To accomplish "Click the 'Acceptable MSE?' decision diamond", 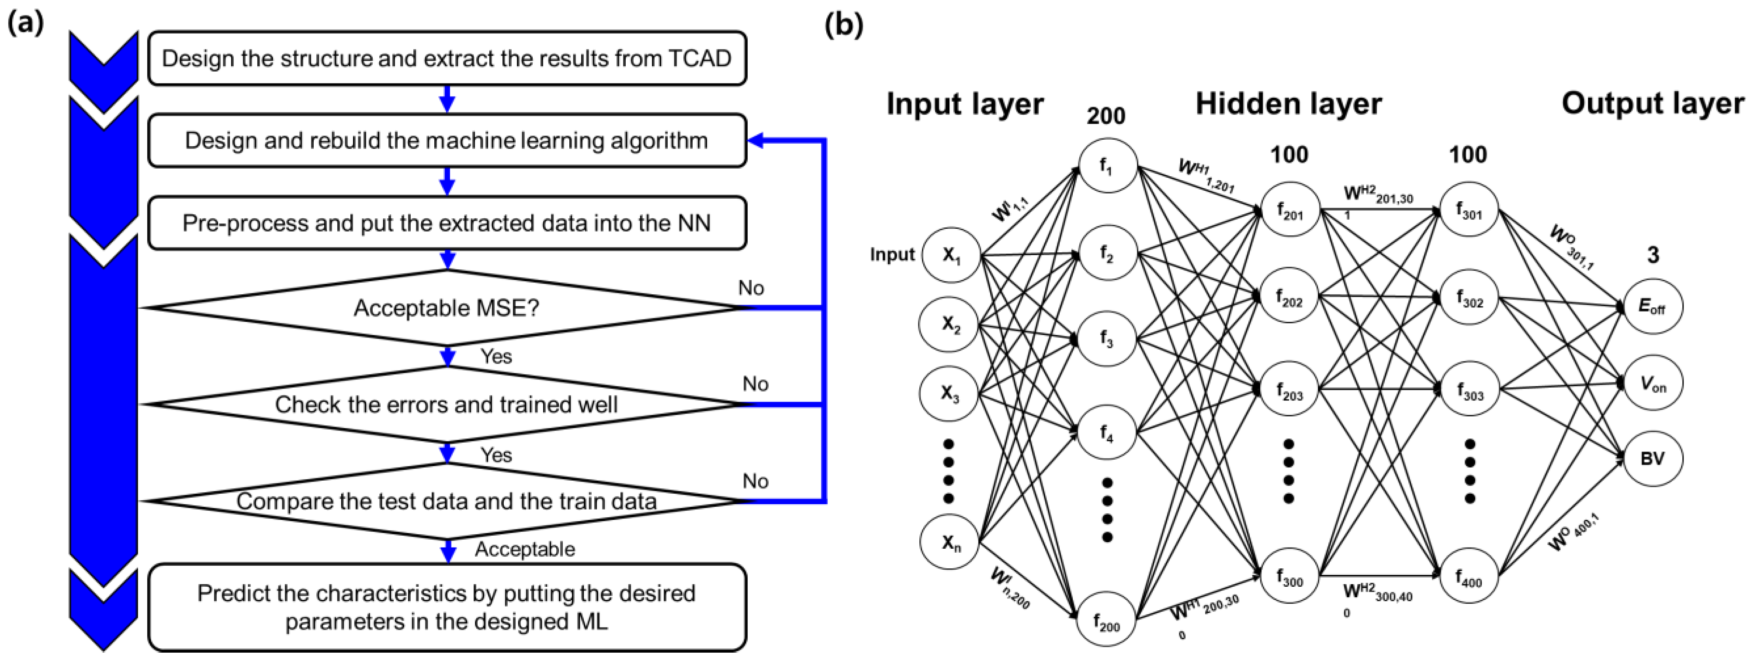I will [446, 308].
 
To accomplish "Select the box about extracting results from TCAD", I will [446, 58].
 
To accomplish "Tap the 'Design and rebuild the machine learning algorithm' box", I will [446, 141].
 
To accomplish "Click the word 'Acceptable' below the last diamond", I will [524, 549].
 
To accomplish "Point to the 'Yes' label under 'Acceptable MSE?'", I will [496, 356].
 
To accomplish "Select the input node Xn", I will [950, 542].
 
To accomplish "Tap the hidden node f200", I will [1107, 620].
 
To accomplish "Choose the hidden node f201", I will [1289, 210].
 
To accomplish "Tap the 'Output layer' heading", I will [1652, 104].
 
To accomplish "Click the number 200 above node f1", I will [1105, 116].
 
